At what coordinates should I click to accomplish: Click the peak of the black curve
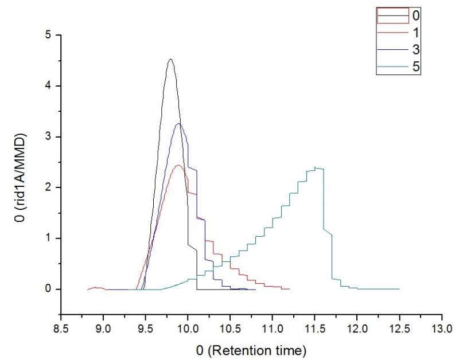[x=170, y=59]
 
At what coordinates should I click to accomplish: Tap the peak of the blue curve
[x=179, y=124]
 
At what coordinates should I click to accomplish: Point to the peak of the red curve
[x=178, y=165]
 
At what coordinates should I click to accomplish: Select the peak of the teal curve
[x=316, y=167]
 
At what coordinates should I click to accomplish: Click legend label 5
[x=417, y=67]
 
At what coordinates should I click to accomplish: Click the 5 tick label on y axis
[x=49, y=35]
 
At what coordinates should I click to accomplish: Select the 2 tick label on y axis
[x=49, y=187]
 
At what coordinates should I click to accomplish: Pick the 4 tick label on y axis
[x=49, y=86]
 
